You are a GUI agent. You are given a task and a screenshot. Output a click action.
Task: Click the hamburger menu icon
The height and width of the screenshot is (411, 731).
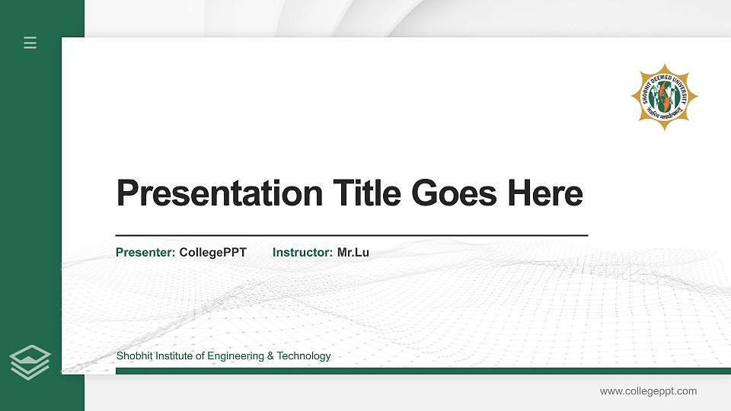(30, 43)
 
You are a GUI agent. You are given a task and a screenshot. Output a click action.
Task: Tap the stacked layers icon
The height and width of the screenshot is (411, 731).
(30, 362)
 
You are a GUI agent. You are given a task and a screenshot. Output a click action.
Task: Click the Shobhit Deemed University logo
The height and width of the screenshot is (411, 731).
(664, 97)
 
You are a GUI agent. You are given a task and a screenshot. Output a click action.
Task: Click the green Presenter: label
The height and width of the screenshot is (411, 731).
(145, 252)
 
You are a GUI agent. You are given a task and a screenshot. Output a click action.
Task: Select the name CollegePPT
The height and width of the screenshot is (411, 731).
(212, 252)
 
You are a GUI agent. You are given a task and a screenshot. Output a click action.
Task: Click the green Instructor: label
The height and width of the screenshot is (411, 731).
(302, 252)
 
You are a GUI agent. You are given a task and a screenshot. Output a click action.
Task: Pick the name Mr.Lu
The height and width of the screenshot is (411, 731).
(353, 252)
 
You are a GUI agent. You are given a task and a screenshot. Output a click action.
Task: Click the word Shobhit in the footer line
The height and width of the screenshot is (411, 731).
(134, 356)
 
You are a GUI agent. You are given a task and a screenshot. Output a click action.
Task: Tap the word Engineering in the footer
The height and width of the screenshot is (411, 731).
(235, 356)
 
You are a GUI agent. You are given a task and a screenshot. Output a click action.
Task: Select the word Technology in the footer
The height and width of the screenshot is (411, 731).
(304, 356)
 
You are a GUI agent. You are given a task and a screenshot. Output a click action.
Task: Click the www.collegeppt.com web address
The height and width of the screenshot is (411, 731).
(648, 391)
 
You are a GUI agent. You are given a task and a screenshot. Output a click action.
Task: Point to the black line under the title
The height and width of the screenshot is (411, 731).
(351, 236)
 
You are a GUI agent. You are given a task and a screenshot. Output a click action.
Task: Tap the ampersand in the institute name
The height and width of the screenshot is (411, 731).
(270, 356)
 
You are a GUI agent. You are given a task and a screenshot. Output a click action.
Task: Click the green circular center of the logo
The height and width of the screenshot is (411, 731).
(664, 97)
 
